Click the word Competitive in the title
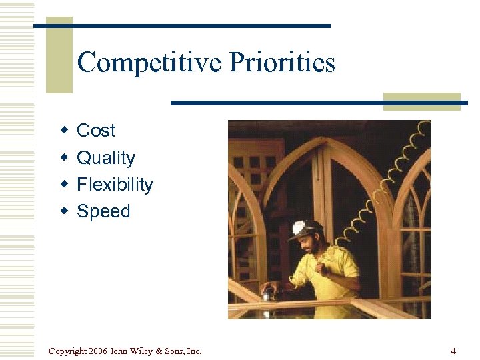pyautogui.click(x=150, y=63)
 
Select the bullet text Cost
pyautogui.click(x=96, y=131)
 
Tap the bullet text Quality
pyautogui.click(x=106, y=158)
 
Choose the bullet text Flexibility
pyautogui.click(x=115, y=185)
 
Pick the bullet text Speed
pyautogui.click(x=103, y=211)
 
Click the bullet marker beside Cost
pyautogui.click(x=64, y=131)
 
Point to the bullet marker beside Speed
pyautogui.click(x=64, y=211)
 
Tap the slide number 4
pyautogui.click(x=453, y=351)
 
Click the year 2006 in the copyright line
pyautogui.click(x=97, y=351)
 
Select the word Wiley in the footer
pyautogui.click(x=144, y=351)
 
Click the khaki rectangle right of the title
pyautogui.click(x=421, y=101)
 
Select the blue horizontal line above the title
pyautogui.click(x=182, y=25)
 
